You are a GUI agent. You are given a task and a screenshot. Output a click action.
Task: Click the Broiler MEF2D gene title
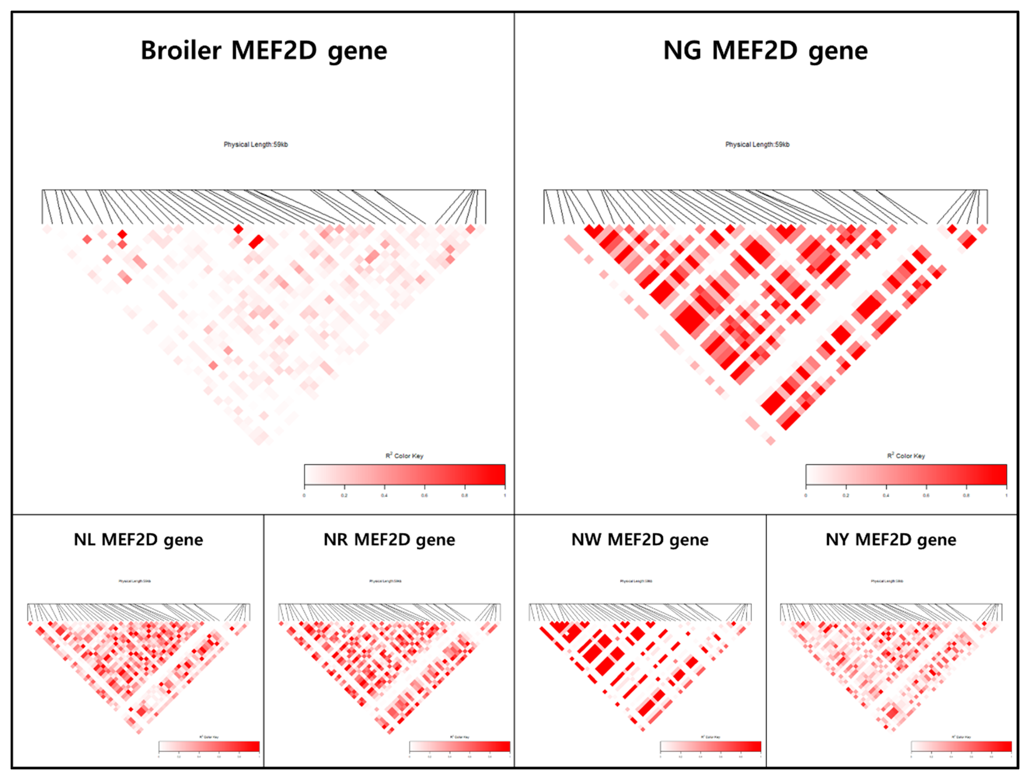tap(264, 51)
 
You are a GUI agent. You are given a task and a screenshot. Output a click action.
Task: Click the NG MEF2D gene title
tap(765, 51)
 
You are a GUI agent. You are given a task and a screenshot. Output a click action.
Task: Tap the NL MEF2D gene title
tap(138, 540)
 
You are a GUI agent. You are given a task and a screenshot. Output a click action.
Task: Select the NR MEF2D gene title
tap(389, 540)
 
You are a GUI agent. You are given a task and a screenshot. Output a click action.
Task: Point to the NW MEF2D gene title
tap(640, 540)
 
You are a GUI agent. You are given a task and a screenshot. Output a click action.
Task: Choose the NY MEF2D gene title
tap(891, 540)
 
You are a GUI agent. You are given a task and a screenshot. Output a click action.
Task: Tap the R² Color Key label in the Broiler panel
tap(404, 456)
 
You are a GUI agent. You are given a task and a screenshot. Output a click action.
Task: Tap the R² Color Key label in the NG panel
tap(906, 456)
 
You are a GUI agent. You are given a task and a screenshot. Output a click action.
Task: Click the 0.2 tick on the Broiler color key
tap(344, 495)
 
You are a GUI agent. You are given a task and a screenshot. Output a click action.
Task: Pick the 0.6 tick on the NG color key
tap(926, 495)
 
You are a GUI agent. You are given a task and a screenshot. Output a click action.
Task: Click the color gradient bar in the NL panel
tap(209, 747)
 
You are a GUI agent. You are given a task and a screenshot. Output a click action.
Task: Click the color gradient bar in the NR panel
tap(460, 747)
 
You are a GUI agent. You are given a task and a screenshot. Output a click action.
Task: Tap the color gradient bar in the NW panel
tap(710, 747)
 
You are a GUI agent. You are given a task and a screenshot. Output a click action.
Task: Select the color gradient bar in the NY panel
tap(961, 747)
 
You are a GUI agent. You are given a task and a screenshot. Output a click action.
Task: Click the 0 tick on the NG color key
tap(806, 495)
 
